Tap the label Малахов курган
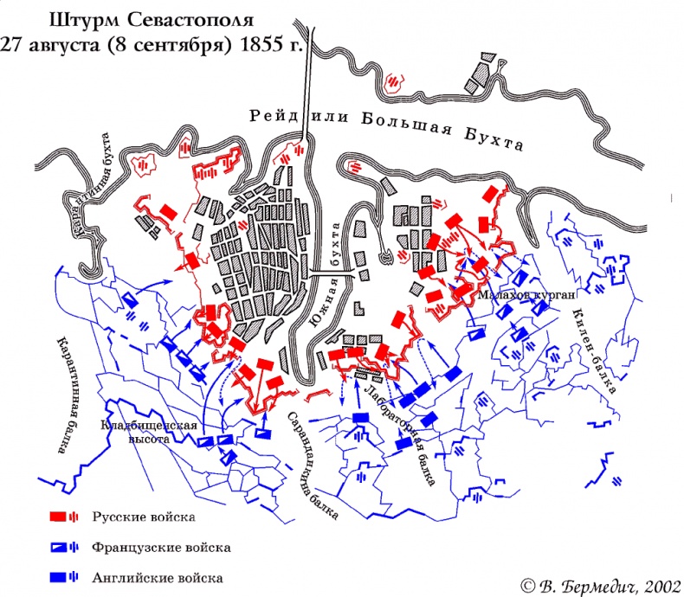click(x=526, y=295)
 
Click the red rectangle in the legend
click(x=60, y=517)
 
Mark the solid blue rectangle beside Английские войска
click(x=60, y=577)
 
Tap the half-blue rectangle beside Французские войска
click(x=60, y=548)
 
